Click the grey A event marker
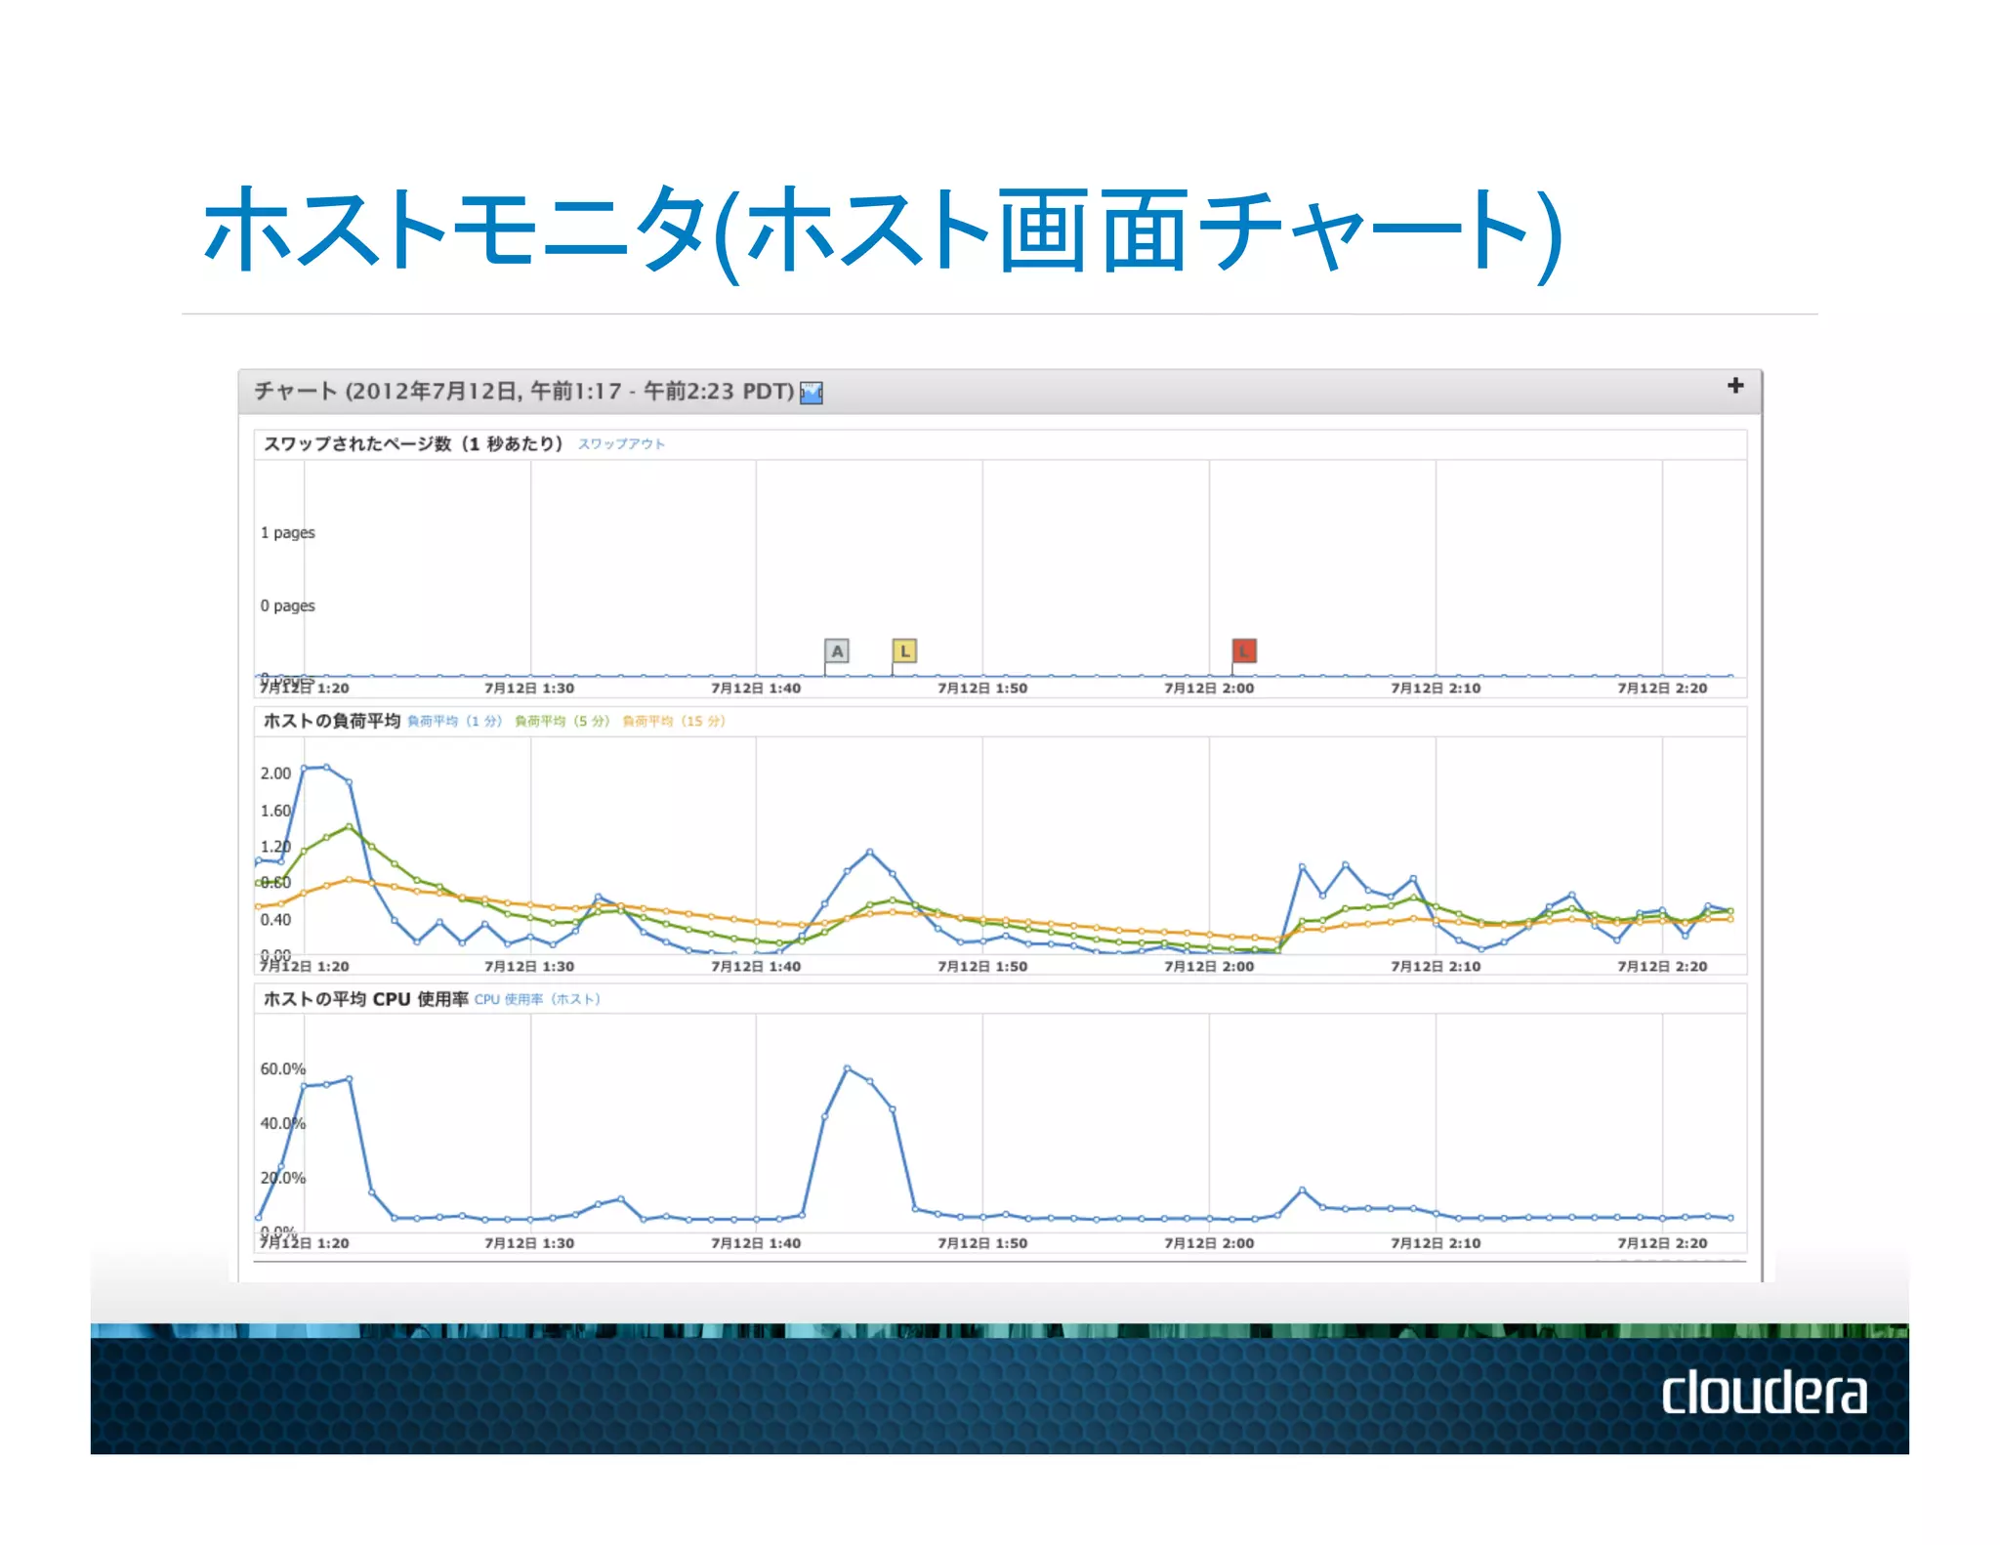point(837,650)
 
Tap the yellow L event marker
point(904,650)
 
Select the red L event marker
point(1243,650)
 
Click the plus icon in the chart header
point(1734,386)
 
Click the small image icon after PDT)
point(812,393)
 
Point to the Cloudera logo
point(1764,1393)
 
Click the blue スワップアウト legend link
point(621,444)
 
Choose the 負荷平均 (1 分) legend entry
point(454,722)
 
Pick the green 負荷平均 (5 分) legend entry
point(562,722)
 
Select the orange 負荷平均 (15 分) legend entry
point(674,722)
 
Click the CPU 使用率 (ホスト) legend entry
point(537,999)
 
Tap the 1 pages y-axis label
point(288,533)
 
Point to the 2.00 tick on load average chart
point(275,773)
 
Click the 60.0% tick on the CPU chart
point(282,1069)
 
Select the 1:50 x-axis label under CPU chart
point(982,1243)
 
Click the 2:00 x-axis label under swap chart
point(1209,689)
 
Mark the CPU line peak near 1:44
point(847,1068)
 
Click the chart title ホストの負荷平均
point(332,721)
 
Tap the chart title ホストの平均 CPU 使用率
point(365,999)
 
